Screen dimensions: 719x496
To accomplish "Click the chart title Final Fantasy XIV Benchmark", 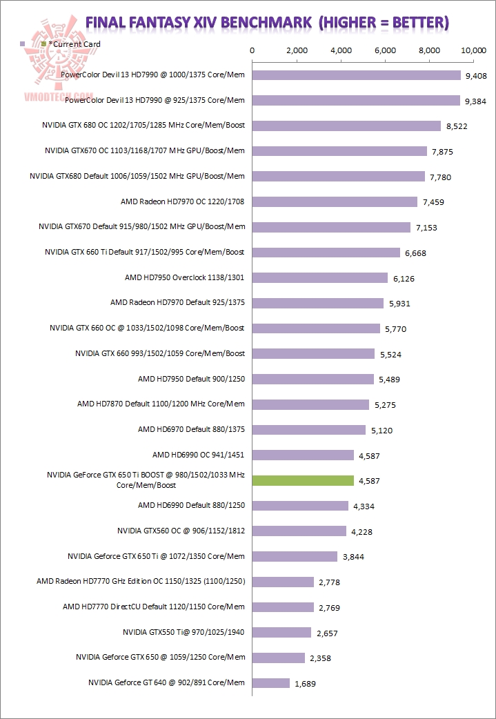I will [x=267, y=22].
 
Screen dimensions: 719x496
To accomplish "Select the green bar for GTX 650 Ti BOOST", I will [x=303, y=480].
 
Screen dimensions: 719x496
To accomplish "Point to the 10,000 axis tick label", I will [x=473, y=50].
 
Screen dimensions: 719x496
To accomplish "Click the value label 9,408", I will [x=476, y=76].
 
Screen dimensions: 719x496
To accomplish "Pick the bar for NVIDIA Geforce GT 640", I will [x=271, y=683].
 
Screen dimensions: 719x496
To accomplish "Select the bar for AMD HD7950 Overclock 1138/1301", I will [x=320, y=278].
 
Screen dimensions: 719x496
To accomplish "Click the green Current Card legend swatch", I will [x=44, y=44].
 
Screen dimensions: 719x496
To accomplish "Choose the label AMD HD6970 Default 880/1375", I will [x=191, y=429].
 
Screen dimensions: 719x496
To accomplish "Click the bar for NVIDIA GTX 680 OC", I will [x=346, y=126].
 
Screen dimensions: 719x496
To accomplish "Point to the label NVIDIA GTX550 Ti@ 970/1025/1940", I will [x=183, y=631].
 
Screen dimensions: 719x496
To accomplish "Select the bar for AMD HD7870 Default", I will [x=310, y=404].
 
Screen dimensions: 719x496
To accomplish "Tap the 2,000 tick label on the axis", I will [x=296, y=50].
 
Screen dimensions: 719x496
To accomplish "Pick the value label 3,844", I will [x=353, y=557].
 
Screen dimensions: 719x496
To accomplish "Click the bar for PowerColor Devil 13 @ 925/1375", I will [x=356, y=101].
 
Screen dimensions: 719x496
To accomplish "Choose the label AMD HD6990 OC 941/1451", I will [x=199, y=455].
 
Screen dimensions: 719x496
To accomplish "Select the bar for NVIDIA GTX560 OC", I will [x=299, y=531].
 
